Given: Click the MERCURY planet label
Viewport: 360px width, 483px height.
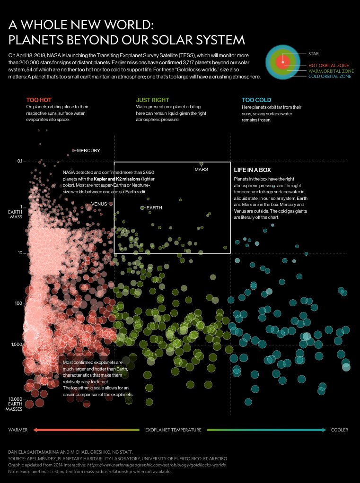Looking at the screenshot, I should click(88, 151).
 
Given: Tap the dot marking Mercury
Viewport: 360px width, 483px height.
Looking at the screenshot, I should click(73, 150).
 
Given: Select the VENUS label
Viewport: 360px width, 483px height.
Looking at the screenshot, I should click(99, 204).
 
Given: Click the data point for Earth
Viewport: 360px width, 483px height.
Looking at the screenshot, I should click(142, 208).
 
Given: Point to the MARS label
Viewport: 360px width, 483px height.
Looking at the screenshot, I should click(201, 169).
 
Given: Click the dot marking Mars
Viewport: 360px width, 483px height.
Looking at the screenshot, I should click(201, 164).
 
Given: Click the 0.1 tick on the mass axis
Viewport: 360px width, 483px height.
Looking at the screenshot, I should click(20, 162).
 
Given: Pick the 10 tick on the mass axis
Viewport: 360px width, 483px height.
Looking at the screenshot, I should click(20, 253).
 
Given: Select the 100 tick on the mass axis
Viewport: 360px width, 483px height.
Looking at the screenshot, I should click(18, 303).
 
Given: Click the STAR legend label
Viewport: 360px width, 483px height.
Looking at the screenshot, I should click(314, 54).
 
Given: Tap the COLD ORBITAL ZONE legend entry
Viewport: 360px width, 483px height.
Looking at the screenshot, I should click(331, 76).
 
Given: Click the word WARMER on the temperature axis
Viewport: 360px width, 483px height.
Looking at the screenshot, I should click(18, 430).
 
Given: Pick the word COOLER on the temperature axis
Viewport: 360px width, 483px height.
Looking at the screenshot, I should click(340, 430).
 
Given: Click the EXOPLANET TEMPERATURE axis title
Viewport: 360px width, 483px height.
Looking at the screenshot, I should click(173, 430).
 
